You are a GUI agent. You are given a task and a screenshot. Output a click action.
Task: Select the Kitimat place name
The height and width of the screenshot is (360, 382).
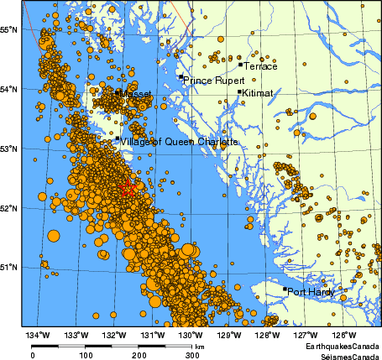[257, 95]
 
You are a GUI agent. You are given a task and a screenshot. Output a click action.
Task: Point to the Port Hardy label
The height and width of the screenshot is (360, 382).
[311, 292]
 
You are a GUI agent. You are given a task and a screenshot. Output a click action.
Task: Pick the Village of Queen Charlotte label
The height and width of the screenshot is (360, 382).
[179, 142]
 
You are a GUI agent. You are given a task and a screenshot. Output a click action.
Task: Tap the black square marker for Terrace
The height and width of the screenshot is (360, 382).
[240, 64]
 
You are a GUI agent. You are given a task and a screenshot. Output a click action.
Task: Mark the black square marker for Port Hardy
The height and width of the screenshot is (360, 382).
[285, 290]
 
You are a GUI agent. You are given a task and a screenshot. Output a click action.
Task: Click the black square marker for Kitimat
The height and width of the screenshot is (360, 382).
[240, 92]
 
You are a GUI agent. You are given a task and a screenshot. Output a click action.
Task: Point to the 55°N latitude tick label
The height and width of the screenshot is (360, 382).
[10, 29]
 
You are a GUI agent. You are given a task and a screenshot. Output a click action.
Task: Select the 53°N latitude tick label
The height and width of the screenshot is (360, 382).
[10, 149]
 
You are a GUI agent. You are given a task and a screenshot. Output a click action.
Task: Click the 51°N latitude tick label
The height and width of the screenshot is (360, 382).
[10, 267]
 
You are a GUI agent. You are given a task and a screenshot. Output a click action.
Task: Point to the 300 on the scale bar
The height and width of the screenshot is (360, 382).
[191, 355]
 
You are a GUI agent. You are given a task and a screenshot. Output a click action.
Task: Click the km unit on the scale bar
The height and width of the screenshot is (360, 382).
[200, 346]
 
